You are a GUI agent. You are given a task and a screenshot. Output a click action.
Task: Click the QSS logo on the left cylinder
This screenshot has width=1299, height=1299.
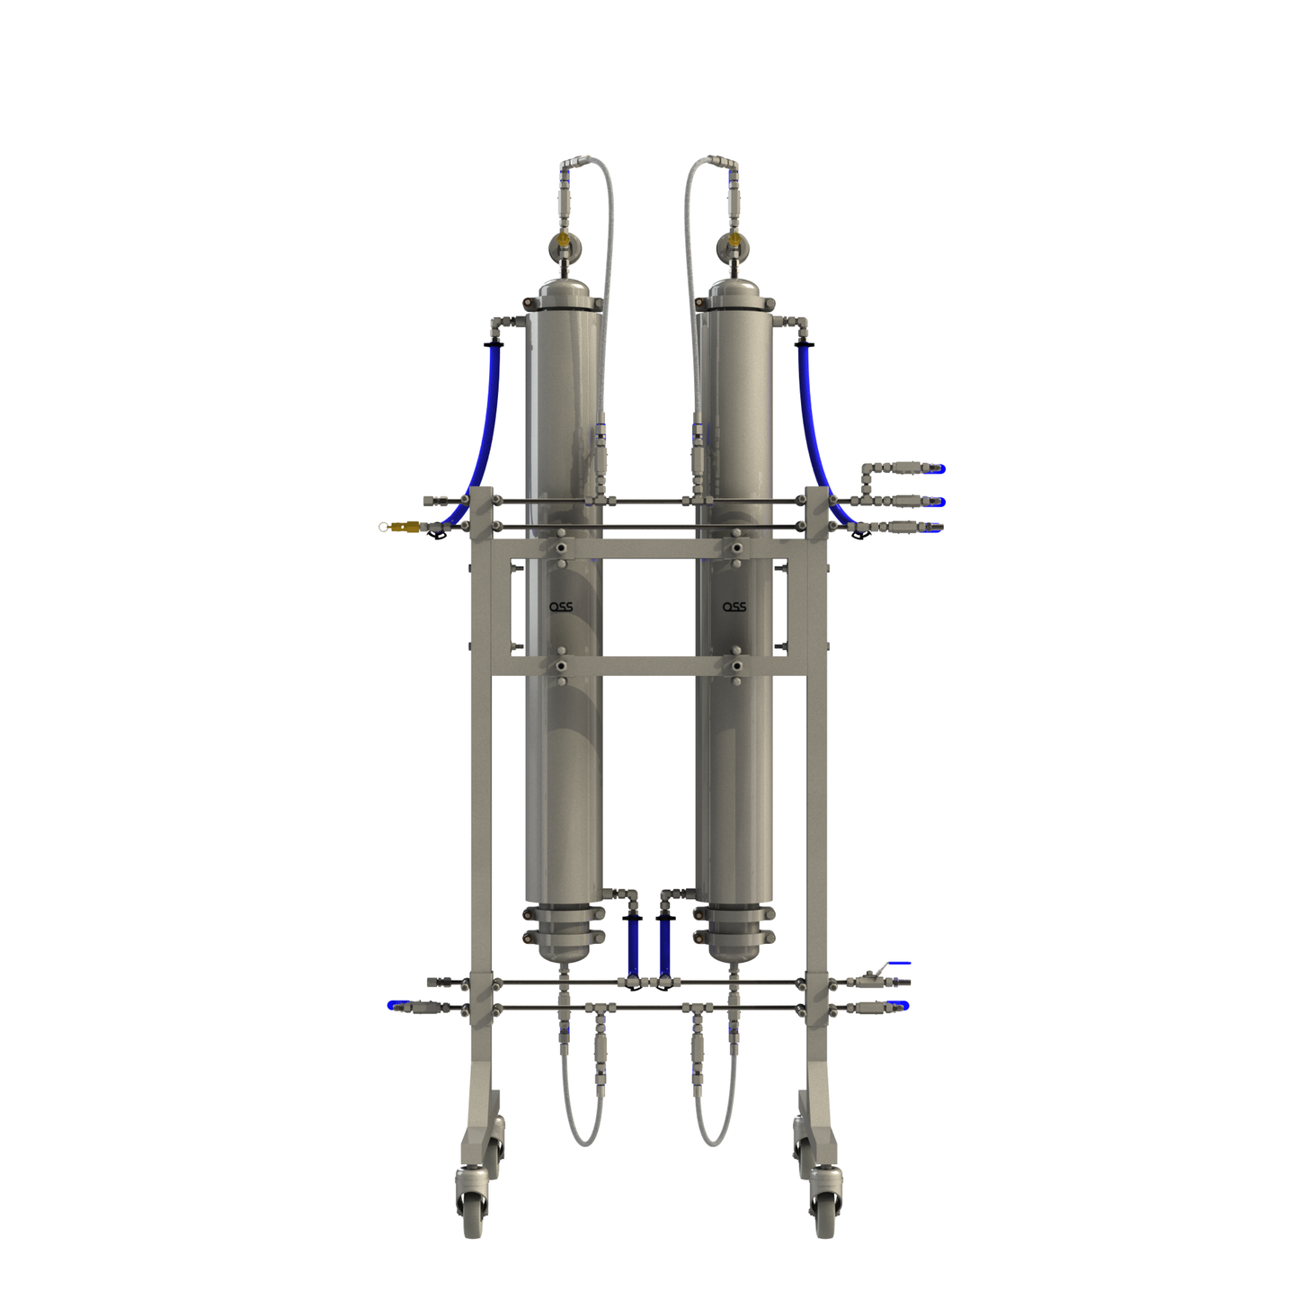click(561, 607)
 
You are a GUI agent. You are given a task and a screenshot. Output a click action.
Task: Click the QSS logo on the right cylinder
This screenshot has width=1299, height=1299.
click(734, 607)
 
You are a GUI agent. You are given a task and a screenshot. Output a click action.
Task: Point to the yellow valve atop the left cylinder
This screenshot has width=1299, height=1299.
click(564, 241)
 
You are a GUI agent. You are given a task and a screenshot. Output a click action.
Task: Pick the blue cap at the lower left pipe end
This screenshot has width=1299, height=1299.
click(395, 1005)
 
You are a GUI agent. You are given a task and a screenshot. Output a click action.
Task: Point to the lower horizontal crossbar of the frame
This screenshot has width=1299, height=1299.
click(648, 667)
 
